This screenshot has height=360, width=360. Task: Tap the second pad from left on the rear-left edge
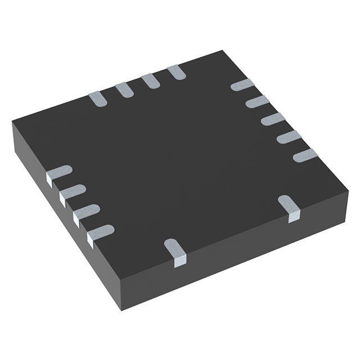[124, 89]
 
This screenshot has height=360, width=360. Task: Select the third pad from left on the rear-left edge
[150, 80]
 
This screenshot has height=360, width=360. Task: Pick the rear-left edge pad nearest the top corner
[177, 71]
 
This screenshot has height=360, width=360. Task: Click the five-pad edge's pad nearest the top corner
[242, 85]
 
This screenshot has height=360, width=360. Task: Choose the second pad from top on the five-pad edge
[258, 102]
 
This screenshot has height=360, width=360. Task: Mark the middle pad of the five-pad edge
[273, 119]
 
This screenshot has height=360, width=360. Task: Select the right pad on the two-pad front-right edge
[291, 208]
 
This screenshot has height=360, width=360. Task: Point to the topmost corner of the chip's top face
[224, 51]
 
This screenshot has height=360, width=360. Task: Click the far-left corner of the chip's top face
[12, 123]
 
